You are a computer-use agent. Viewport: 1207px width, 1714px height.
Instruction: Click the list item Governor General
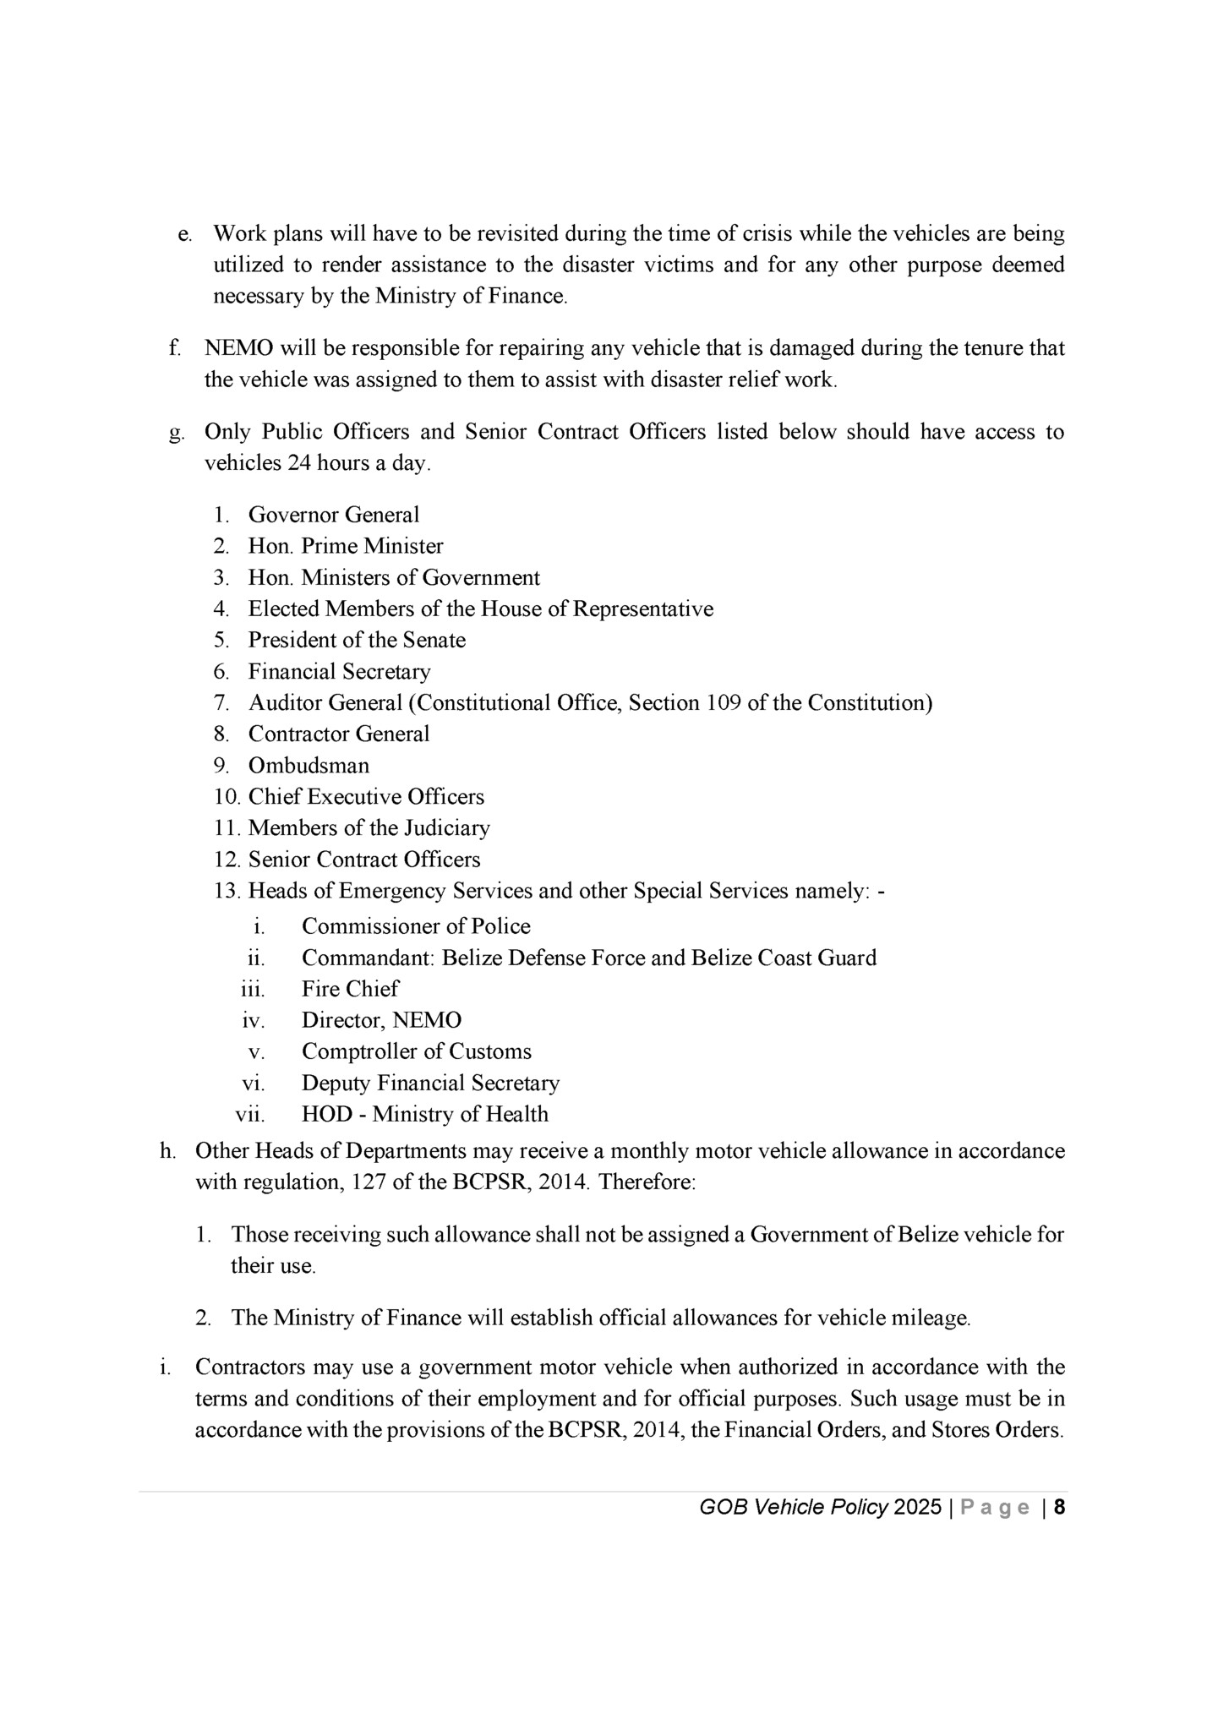tap(333, 515)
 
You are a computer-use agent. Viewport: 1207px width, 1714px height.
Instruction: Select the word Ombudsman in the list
tap(309, 766)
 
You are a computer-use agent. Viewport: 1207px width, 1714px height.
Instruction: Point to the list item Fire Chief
tap(350, 989)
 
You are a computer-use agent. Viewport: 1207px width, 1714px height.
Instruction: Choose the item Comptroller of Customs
tap(417, 1051)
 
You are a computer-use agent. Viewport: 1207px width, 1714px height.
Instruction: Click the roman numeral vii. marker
tap(250, 1115)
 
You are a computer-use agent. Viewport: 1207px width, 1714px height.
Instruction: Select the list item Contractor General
tap(338, 734)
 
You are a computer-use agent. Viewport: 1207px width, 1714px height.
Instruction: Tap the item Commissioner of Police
tap(416, 926)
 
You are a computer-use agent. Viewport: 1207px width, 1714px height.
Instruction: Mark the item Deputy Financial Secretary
tap(430, 1083)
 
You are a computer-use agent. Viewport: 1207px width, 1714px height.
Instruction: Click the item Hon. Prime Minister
tap(345, 546)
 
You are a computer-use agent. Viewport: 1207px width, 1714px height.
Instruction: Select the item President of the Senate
tap(357, 640)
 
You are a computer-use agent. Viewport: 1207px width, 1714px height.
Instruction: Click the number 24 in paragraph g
tap(300, 464)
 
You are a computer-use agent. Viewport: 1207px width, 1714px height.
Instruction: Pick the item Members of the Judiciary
tap(369, 828)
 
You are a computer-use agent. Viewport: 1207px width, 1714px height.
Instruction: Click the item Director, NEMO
tap(381, 1020)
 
